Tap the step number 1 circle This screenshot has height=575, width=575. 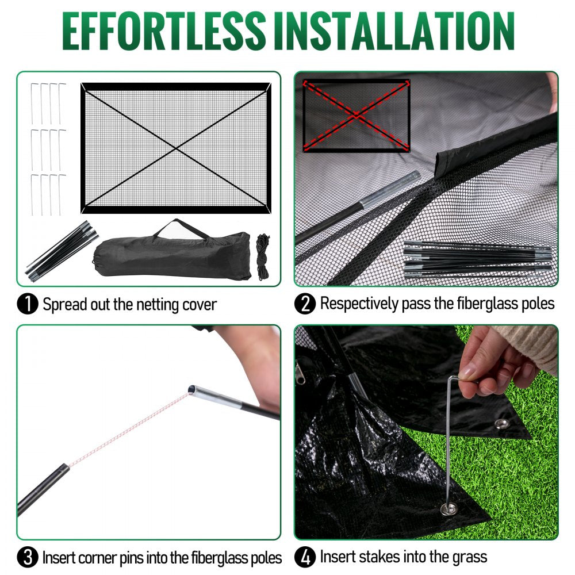(28, 304)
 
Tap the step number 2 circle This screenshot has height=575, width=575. (305, 304)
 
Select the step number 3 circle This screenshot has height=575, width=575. (28, 557)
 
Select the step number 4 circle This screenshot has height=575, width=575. (305, 557)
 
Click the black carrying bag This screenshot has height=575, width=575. (172, 256)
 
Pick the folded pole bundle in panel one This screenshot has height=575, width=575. (60, 247)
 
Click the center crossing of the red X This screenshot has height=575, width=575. (356, 116)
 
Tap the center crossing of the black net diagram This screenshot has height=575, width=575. (176, 148)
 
